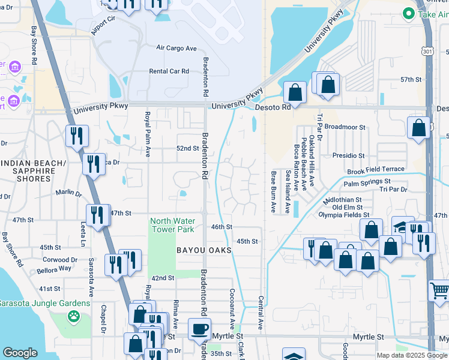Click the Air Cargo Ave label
[x=176, y=48]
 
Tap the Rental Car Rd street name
[x=169, y=71]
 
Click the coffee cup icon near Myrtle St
[x=200, y=328]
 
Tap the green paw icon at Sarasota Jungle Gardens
[x=74, y=316]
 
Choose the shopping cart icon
[x=439, y=291]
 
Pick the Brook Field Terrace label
[x=376, y=170]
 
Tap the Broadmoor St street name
[x=345, y=127]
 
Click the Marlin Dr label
[x=68, y=193]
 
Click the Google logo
[x=20, y=353]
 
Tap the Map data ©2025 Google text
[x=411, y=355]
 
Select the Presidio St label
[x=349, y=155]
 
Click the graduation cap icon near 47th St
[x=402, y=227]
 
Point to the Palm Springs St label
[x=367, y=181]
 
